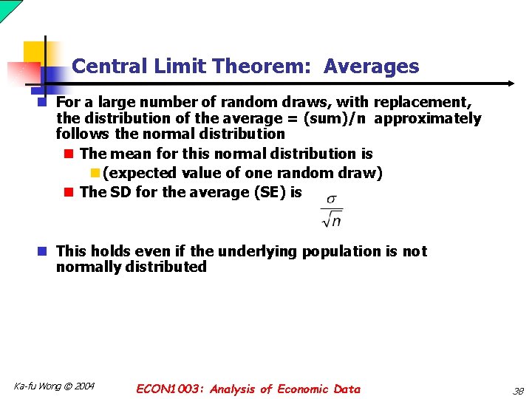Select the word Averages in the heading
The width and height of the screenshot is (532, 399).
point(371,66)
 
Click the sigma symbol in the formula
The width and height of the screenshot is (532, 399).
point(331,199)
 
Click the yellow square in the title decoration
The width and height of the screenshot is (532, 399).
point(34,52)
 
